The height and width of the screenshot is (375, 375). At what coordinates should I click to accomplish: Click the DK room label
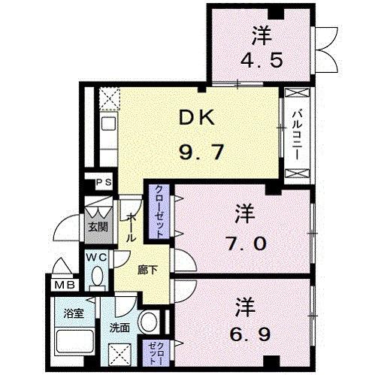(196, 119)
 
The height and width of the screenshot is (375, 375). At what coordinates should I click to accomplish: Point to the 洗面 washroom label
(119, 328)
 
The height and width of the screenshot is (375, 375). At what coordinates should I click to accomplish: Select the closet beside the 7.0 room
(159, 212)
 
